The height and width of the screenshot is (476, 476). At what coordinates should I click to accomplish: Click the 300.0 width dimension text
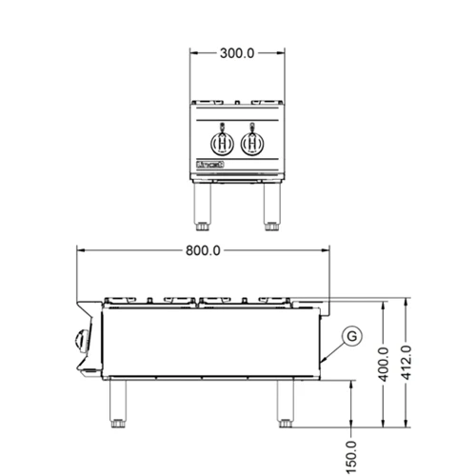coord(236,53)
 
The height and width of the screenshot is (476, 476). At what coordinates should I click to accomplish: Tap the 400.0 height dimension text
coord(382,363)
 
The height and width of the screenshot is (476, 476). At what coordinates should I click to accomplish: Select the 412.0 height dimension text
coord(407,363)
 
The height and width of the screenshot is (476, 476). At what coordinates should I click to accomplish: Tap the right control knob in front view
coord(252,143)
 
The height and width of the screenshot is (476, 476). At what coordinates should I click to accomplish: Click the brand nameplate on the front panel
coord(208,167)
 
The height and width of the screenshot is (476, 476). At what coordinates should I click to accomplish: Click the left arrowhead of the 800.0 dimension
coord(80,250)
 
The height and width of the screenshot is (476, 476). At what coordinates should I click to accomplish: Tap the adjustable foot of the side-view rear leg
coord(285,421)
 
